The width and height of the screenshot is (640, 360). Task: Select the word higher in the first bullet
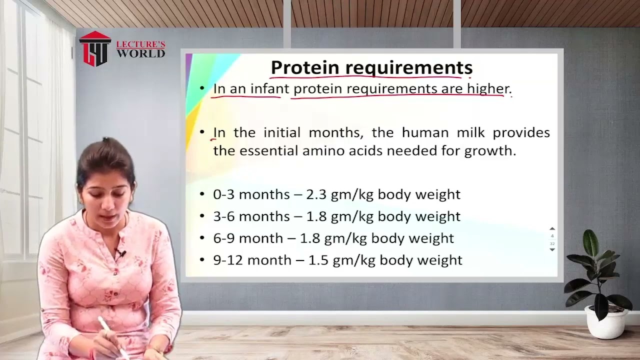(487, 89)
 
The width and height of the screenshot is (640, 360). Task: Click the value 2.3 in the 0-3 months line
(316, 194)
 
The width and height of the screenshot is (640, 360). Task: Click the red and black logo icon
(95, 49)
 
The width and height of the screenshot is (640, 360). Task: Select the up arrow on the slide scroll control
(552, 229)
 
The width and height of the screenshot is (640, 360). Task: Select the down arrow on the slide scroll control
(552, 249)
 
